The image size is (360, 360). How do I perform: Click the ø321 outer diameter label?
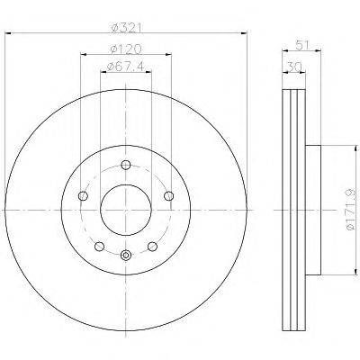coord(126,28)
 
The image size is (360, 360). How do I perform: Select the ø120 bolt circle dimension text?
coord(126,49)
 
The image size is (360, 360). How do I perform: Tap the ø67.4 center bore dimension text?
coord(125,67)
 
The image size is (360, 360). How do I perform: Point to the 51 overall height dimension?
coord(302,46)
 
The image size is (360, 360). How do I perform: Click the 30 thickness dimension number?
coord(294,67)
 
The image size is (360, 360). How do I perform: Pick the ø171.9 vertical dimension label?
coord(351,210)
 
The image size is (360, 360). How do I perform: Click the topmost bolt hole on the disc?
coord(126,165)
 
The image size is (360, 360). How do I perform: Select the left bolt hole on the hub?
coord(83,196)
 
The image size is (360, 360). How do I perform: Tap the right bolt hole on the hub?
coord(169,196)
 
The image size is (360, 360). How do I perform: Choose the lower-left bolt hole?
coord(99,247)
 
